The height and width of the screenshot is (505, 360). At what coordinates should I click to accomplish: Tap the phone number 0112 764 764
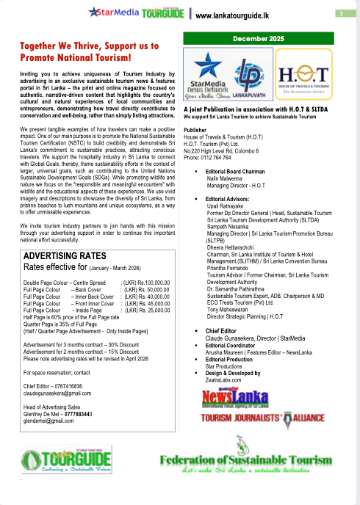(x=209, y=158)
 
